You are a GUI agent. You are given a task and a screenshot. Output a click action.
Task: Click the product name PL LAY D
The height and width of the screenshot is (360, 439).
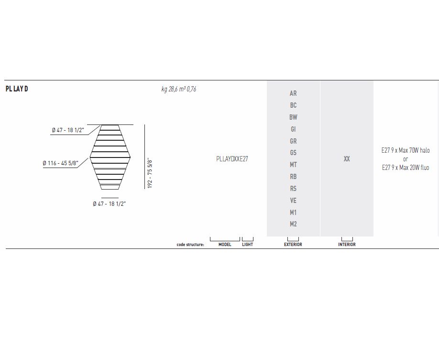point(17,89)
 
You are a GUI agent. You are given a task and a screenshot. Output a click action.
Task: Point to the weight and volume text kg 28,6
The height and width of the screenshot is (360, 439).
point(179,89)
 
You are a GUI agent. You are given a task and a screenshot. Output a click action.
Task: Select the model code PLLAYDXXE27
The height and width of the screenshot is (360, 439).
point(232,159)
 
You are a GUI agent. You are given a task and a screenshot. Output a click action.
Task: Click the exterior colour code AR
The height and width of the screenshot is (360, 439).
point(293,93)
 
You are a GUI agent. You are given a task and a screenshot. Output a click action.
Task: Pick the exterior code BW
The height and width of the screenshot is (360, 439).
point(293,117)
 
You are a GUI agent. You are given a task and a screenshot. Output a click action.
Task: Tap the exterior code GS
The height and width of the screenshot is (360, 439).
point(293,153)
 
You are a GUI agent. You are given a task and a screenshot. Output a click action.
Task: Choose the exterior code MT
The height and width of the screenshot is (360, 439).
point(293,165)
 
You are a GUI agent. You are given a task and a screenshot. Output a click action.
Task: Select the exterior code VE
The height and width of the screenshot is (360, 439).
point(293,201)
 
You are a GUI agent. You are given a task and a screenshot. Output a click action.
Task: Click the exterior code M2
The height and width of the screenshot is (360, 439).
point(293,224)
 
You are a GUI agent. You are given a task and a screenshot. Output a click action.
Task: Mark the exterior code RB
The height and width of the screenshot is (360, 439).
point(293,177)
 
